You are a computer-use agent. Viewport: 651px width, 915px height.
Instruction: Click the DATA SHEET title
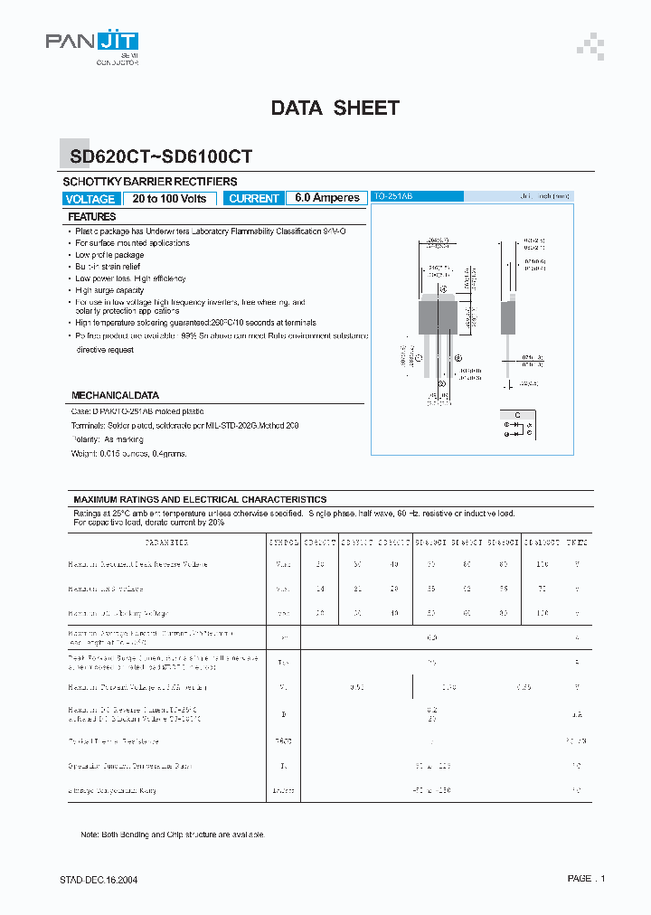click(335, 108)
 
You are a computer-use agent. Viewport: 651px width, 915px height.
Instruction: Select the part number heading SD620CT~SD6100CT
click(161, 156)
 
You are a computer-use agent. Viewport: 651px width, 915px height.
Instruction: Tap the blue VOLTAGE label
click(90, 199)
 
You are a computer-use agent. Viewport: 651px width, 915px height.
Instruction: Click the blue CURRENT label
click(254, 199)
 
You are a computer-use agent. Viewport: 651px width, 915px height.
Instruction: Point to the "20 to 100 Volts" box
click(169, 199)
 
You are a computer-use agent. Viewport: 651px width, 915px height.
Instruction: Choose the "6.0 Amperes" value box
click(326, 199)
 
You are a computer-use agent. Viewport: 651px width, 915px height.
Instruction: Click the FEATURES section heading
click(92, 217)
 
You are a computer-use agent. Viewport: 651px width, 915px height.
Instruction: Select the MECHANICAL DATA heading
click(115, 396)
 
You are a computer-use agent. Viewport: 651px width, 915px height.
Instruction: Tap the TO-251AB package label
click(394, 196)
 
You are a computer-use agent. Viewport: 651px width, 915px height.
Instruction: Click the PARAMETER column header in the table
click(166, 542)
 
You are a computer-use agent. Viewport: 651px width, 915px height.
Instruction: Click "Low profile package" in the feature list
click(109, 255)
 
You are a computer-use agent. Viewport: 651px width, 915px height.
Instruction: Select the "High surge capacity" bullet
click(109, 290)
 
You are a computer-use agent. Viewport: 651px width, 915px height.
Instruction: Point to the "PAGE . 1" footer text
click(586, 878)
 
